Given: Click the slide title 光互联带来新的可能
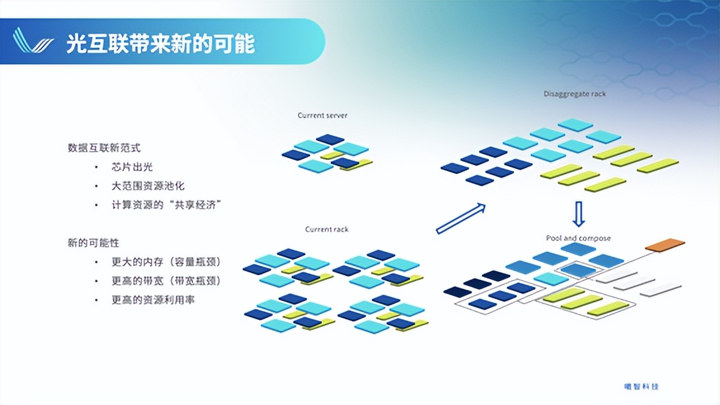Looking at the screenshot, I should point(160,44).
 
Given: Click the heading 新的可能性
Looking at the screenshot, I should point(93,243).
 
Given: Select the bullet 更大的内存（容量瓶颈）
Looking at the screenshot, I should point(170,262).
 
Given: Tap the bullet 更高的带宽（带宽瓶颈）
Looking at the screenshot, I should point(170,281).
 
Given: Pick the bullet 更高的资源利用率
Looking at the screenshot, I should point(153,300).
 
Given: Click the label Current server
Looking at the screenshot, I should point(323,116).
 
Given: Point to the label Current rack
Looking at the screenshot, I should point(326,229).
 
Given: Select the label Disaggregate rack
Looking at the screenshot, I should point(575,94).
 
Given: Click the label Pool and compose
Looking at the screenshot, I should point(578,238).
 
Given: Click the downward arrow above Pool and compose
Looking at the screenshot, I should point(578,214).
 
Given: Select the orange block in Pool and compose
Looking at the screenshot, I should point(665,245).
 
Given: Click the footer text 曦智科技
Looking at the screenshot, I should point(637,387).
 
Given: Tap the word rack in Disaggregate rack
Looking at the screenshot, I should point(597,94).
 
